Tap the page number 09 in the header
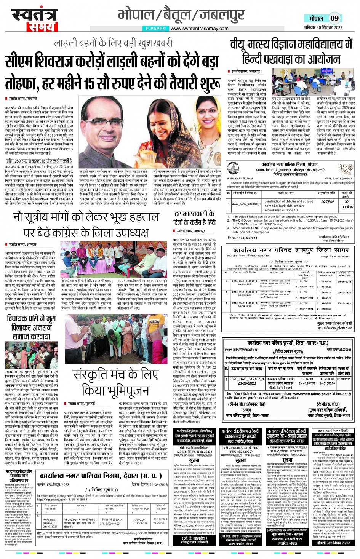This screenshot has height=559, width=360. (x=334, y=18)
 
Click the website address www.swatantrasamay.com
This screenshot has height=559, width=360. (x=199, y=28)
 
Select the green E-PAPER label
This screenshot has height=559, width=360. (x=155, y=28)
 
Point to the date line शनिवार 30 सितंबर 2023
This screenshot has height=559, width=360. (x=323, y=27)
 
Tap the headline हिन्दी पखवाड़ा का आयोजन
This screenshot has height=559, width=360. (x=291, y=59)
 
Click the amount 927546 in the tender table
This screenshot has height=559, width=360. (x=328, y=202)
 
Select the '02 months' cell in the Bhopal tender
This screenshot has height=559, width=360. (x=346, y=204)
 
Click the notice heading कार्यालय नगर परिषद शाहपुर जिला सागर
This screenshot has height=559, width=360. (x=291, y=250)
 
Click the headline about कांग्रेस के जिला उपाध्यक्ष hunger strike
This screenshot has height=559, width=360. (x=86, y=224)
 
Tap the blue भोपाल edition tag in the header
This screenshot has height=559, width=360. (x=316, y=18)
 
